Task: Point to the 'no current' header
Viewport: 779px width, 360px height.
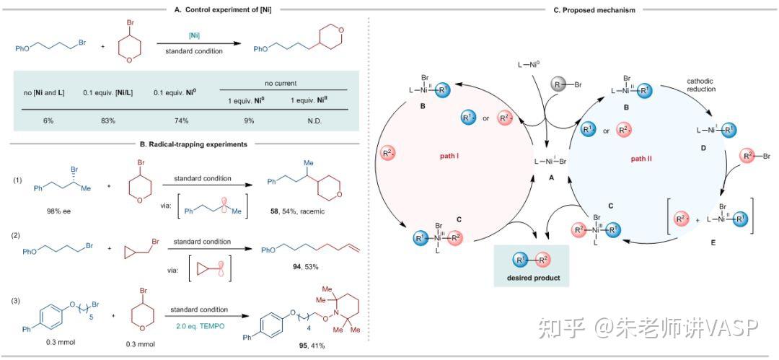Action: [x=283, y=83]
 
